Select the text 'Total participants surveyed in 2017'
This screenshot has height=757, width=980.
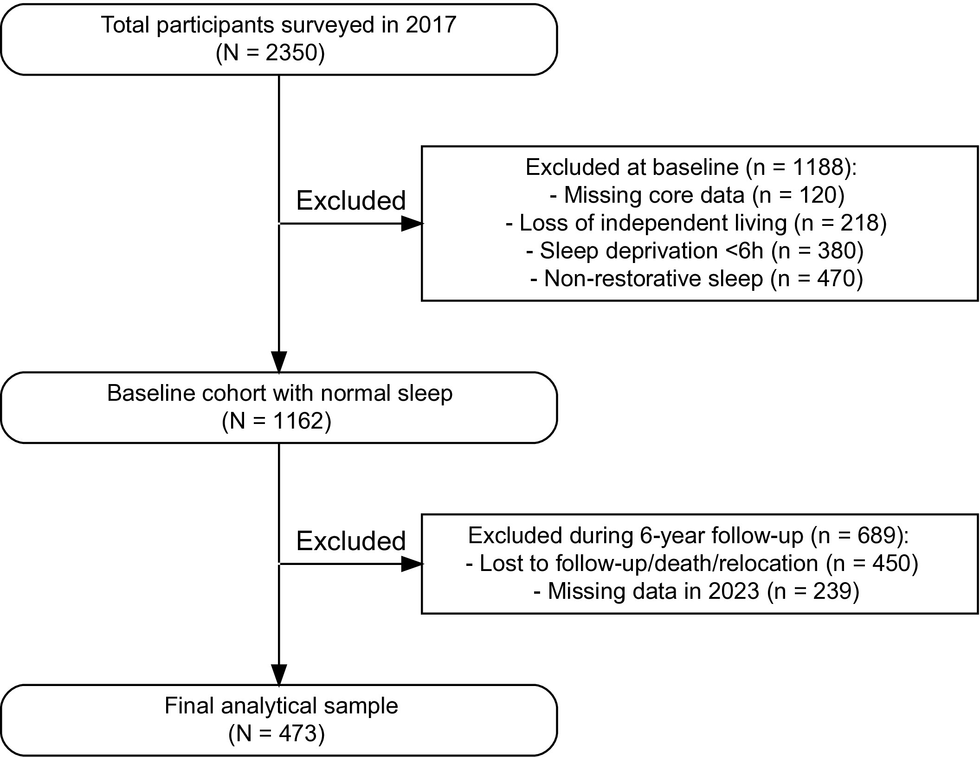tap(279, 25)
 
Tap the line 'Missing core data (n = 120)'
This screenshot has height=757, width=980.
tap(697, 195)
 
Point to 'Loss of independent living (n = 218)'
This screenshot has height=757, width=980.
tap(696, 223)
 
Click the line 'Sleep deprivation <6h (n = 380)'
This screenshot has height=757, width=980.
tap(695, 251)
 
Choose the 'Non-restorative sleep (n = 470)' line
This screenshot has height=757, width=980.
tap(696, 279)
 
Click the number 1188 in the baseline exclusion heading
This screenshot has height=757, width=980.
tap(818, 167)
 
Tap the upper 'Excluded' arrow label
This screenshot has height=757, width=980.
tap(351, 201)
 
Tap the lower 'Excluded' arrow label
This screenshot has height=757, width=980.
tap(351, 541)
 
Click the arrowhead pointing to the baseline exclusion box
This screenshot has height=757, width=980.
tap(412, 224)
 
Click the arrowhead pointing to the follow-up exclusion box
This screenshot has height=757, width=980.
tap(412, 564)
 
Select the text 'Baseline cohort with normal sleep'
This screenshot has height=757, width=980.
tap(280, 393)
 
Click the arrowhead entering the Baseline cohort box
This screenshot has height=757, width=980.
tap(279, 362)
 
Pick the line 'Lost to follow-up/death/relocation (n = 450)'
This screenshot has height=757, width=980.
tap(692, 564)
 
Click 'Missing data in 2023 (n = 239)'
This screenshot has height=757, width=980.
tap(696, 591)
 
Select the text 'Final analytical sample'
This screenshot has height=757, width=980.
tap(281, 706)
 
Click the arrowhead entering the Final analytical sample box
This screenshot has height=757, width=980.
tap(279, 675)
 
